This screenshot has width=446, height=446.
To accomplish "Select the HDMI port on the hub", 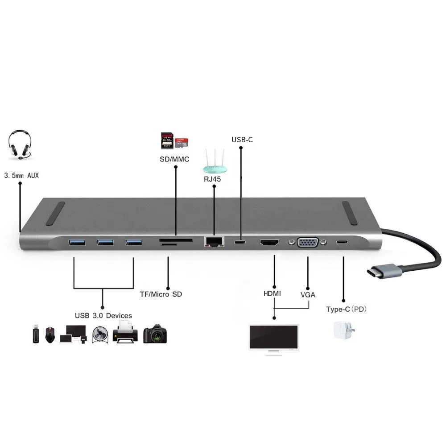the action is pos(269,243).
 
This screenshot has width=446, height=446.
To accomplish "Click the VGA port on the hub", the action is pos(307,243).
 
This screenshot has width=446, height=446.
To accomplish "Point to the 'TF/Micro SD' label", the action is pos(161,294).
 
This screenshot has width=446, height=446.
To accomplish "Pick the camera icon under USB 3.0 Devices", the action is pos(155,334).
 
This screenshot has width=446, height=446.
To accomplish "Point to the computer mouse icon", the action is pos(50,334).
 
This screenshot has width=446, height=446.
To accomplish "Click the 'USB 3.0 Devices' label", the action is pos(103,316).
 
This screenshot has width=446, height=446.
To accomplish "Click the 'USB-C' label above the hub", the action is pos(242,140).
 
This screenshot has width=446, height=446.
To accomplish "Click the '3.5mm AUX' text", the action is pos(21,176).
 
